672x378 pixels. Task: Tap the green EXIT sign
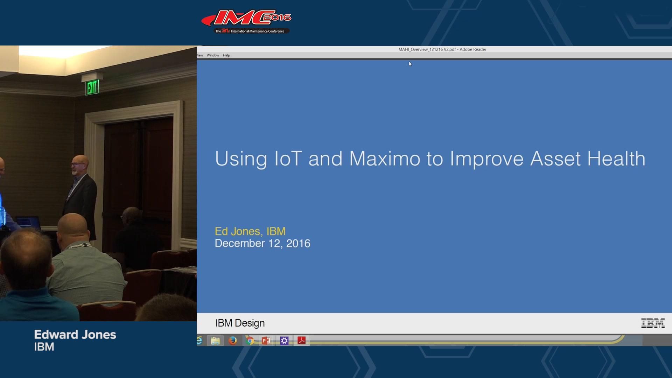(92, 87)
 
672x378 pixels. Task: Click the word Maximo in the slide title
(385, 159)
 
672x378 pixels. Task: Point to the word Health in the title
(616, 159)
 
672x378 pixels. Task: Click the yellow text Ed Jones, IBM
(250, 231)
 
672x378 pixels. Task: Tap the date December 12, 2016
(262, 244)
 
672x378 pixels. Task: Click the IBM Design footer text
(240, 323)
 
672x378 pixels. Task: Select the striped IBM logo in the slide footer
(653, 323)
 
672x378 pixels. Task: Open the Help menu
(226, 55)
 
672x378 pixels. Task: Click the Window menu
(213, 55)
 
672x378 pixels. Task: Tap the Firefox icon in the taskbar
(232, 341)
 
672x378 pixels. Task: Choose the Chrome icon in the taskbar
(250, 341)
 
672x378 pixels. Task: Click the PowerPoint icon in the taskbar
(266, 341)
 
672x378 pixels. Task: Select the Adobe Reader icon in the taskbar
(301, 341)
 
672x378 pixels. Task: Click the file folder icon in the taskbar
(215, 341)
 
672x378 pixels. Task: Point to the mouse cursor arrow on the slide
(410, 64)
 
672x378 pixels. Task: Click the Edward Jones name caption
(75, 335)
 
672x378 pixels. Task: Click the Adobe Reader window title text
(442, 49)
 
